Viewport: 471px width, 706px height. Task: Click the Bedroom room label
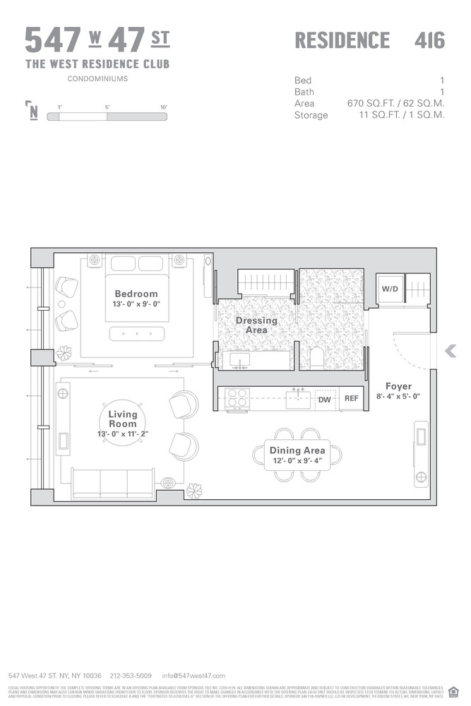pos(136,294)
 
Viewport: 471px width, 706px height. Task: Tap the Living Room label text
pos(123,419)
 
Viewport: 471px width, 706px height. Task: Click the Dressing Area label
pos(256,325)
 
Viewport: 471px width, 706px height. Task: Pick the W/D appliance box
pos(389,289)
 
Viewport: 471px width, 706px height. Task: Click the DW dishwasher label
pos(325,400)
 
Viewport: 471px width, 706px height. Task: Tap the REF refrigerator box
pos(351,400)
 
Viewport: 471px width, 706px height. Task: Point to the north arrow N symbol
pos(32,112)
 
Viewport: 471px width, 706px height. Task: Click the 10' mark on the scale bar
pos(163,107)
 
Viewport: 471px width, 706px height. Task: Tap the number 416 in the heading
pos(429,40)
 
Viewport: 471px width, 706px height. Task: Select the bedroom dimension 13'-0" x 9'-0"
pos(136,305)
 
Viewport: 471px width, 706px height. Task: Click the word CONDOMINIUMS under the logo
pos(97,79)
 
